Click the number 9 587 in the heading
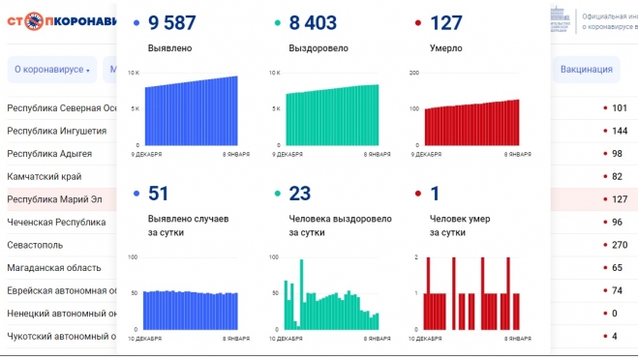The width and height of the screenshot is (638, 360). coord(179,22)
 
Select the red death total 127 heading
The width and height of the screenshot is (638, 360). coord(445,22)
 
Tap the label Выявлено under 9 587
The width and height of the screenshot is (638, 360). coord(169,46)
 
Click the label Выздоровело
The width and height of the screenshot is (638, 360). coord(318,46)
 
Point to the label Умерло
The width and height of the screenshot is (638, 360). coord(445,46)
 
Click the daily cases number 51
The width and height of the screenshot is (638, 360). coord(159,195)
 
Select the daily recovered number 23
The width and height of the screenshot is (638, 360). coord(299,195)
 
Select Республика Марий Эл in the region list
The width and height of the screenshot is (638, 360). coord(55,199)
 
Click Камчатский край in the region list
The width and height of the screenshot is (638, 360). coord(44,176)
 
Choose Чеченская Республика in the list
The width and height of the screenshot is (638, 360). coord(55,222)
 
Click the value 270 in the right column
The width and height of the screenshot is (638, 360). coord(621,244)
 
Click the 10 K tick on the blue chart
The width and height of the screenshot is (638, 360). coord(135,74)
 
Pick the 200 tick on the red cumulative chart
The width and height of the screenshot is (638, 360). coord(415,74)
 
